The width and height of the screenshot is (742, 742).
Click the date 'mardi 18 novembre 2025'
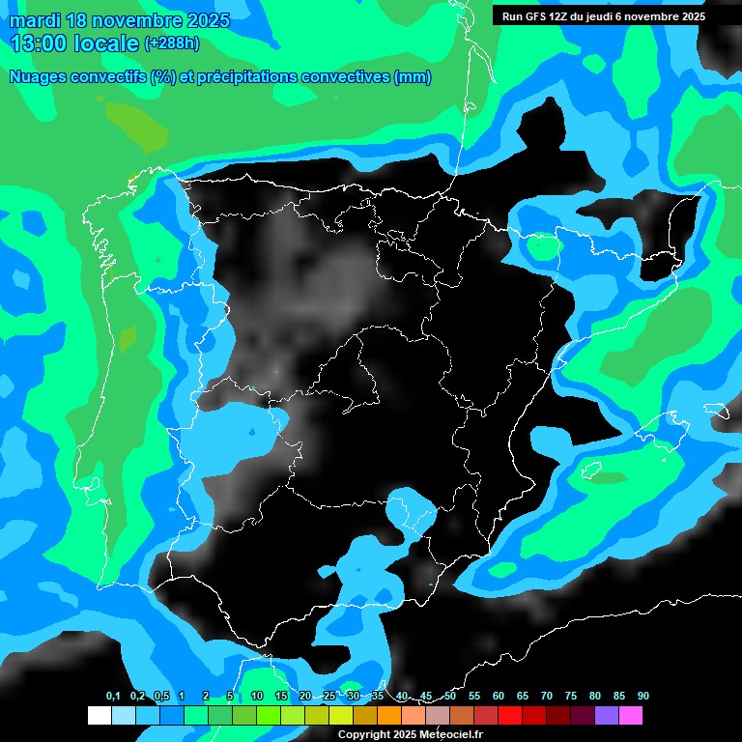(120, 20)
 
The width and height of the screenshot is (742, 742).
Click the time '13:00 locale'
(73, 43)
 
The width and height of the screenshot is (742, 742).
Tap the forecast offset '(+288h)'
(173, 43)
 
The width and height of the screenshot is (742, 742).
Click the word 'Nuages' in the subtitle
(38, 77)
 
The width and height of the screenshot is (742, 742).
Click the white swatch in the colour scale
(99, 715)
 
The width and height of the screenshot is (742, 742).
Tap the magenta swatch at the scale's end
(630, 715)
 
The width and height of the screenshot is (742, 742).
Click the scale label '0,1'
(112, 697)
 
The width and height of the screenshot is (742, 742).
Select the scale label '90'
(642, 697)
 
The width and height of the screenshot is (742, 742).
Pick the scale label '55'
(473, 697)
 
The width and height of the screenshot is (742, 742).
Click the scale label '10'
(256, 697)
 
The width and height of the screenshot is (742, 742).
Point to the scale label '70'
(546, 697)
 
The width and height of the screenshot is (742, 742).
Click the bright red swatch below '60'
(509, 715)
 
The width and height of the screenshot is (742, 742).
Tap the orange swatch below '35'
(388, 715)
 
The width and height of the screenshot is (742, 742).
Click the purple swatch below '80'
(606, 715)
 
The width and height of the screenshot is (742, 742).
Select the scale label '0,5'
(161, 697)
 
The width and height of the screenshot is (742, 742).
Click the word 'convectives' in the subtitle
(348, 77)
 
